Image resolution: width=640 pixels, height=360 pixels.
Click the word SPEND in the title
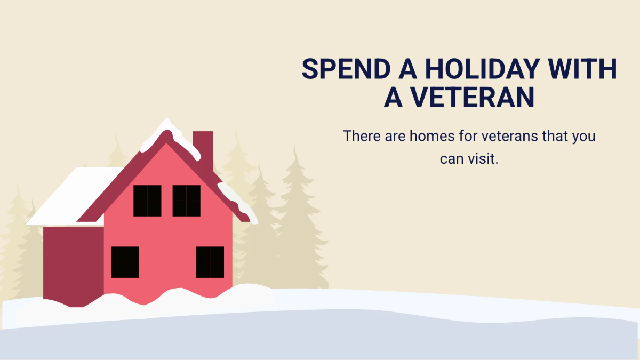[346, 69]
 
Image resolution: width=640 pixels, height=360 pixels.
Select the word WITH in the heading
[582, 69]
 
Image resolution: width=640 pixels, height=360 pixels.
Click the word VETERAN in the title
[473, 97]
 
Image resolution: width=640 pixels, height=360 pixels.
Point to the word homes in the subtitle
[432, 135]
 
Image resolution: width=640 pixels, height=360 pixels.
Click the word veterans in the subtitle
[510, 136]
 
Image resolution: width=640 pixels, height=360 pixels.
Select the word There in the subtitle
[362, 135]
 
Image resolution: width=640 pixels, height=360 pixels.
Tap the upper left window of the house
[147, 201]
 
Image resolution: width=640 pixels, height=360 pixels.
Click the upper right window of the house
[186, 201]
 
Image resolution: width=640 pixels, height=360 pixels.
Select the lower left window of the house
[125, 262]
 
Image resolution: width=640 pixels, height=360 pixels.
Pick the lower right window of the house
[210, 262]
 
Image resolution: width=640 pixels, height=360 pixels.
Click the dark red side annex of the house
[74, 266]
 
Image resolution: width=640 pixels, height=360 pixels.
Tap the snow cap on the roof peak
[170, 137]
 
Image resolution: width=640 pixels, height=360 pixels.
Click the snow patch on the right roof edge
[238, 202]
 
